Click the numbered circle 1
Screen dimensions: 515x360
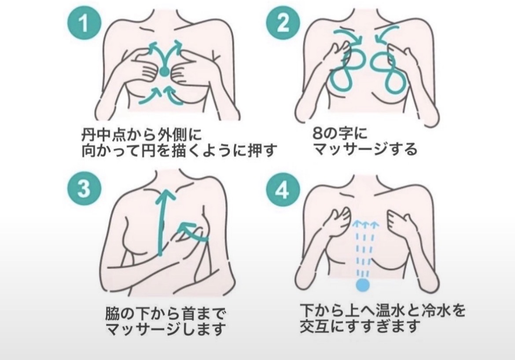tap(84, 24)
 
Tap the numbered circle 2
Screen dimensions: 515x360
tap(283, 23)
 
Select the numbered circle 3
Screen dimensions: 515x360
tap(84, 190)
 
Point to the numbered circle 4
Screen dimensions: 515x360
tap(283, 190)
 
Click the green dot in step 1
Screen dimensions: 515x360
tap(165, 72)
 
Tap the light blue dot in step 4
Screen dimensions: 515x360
tap(363, 285)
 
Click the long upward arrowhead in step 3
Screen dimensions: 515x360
tap(165, 196)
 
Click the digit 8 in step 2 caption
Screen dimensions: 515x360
tap(317, 134)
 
